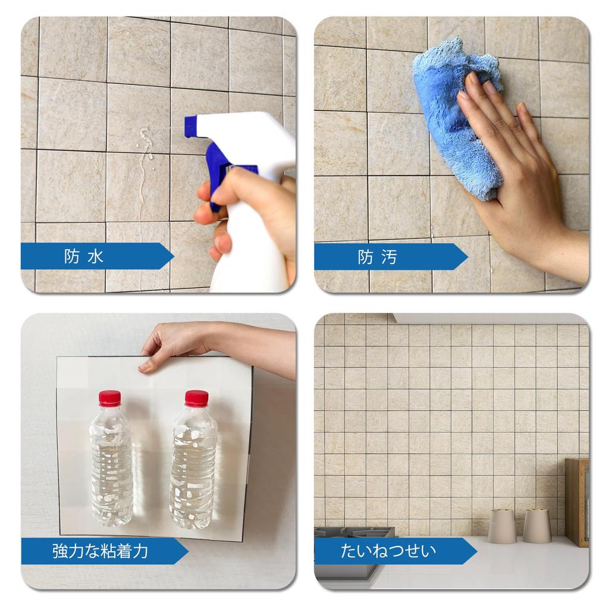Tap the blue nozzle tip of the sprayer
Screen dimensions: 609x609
(191, 126)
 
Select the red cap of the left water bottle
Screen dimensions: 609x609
(109, 398)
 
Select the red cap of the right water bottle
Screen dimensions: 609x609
(196, 398)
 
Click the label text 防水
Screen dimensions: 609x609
(84, 257)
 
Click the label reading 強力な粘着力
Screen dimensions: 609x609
(100, 551)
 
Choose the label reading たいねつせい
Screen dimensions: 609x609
(388, 551)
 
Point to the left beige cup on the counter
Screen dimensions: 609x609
(502, 526)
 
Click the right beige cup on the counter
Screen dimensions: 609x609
(537, 526)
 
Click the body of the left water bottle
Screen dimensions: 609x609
(111, 466)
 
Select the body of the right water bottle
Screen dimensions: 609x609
(193, 466)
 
